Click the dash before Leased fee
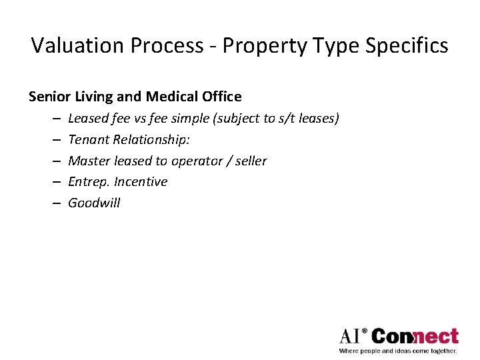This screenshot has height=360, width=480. coord(53,119)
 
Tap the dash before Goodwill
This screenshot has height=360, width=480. coord(53,203)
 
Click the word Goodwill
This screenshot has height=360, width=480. coord(94,203)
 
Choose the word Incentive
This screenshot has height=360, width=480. coord(141,182)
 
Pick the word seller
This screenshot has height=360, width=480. coord(250,161)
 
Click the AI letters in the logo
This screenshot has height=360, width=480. coord(351,335)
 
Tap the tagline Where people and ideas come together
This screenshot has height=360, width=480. coord(398,351)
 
